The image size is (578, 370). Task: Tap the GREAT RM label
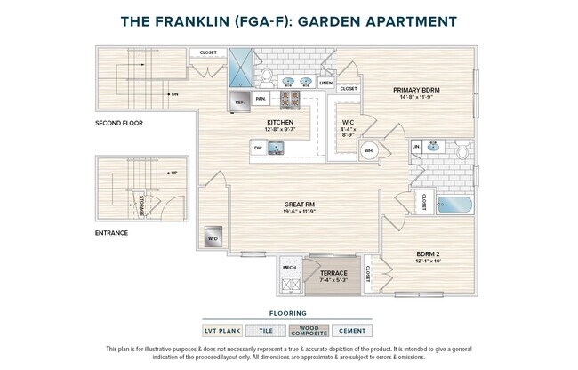pos(300,204)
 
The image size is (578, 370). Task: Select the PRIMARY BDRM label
pos(418,90)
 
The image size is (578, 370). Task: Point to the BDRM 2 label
pos(429,255)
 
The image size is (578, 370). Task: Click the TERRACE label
pos(333,273)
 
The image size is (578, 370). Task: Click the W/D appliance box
pos(213,239)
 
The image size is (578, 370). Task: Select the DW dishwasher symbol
pos(258,148)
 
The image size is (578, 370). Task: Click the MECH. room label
pos(290,267)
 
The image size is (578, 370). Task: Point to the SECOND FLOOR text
pos(119,123)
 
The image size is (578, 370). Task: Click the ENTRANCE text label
pos(111,233)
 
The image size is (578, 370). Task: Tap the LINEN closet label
pos(326,82)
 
